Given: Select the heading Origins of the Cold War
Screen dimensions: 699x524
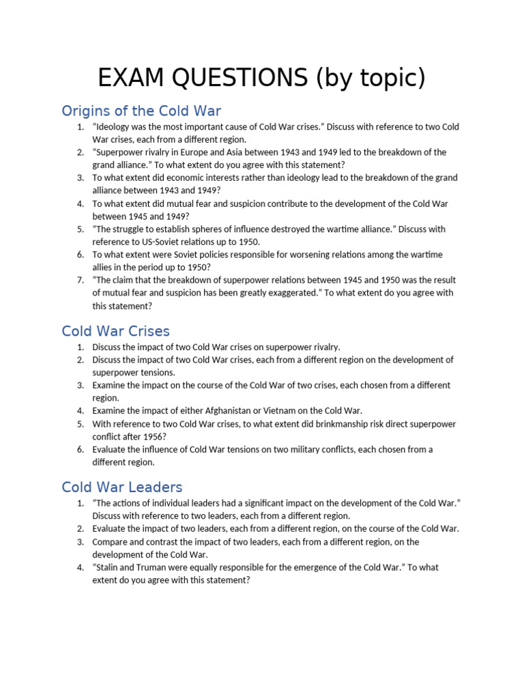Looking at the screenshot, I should coord(141,111).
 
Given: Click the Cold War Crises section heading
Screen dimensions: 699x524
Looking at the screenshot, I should coord(115,331).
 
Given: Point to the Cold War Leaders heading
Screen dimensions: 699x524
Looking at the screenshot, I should coord(122,487).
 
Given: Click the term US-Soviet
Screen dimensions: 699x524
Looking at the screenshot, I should coord(157,242).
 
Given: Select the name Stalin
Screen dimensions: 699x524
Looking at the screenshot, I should coord(110,567).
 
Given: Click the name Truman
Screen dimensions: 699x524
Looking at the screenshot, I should coord(159,567).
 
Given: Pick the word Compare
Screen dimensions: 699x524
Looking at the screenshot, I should coord(113,542).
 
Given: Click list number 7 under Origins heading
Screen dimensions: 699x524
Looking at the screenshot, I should coord(81,281).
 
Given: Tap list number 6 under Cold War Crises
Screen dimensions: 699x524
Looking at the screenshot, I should coord(81,450).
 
